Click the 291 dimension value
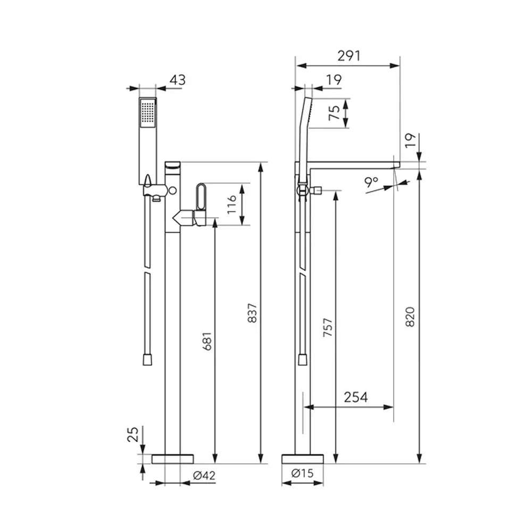[x=349, y=56]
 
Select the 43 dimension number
[x=178, y=80]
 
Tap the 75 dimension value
[x=335, y=113]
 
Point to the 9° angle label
[x=371, y=182]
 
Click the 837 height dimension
[x=252, y=313]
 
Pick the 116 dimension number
[x=232, y=204]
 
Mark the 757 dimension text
[x=328, y=327]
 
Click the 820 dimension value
[x=410, y=317]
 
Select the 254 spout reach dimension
[x=355, y=397]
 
